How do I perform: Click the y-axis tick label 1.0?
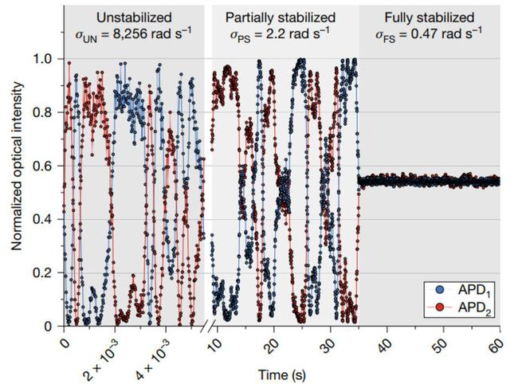pos(46,60)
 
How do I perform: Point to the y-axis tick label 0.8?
pos(46,112)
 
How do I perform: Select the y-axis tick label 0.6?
pos(46,166)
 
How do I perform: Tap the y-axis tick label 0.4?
pos(46,219)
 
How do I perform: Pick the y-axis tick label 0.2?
pos(46,272)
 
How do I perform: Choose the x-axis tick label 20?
pos(274,342)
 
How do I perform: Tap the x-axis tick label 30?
pos(331,342)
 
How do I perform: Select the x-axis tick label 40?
pos(387,342)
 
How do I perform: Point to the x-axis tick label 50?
pos(444,342)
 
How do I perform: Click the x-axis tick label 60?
pos(497,342)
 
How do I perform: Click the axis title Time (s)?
pos(282,374)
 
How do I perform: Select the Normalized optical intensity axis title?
pos(17,166)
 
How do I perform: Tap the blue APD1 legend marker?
pos(440,290)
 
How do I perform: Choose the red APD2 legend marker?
pos(440,308)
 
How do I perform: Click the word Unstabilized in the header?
pos(134,18)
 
